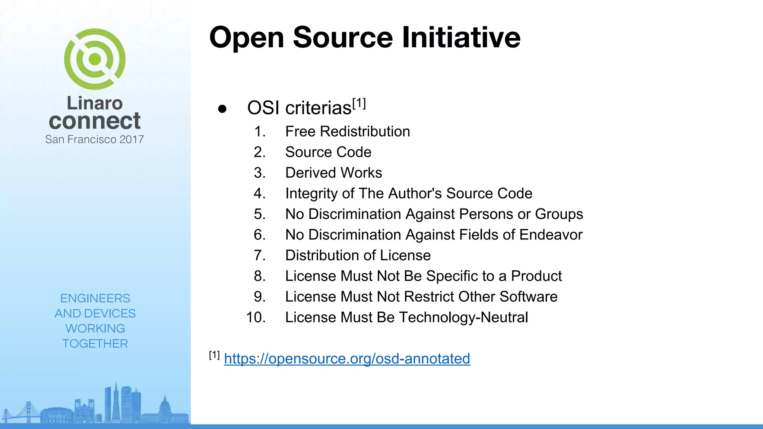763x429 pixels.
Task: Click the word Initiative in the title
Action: coord(461,38)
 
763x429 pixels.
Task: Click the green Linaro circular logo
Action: coord(95,59)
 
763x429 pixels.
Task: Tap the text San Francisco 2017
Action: coord(95,139)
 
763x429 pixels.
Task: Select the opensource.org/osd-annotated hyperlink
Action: coord(347,359)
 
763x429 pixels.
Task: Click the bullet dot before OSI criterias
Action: coord(222,109)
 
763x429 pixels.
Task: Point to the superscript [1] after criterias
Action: coord(359,103)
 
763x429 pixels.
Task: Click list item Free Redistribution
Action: coord(347,131)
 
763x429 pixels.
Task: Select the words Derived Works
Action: coord(333,173)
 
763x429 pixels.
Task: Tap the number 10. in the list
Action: coord(256,317)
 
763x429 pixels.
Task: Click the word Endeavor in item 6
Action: coord(551,235)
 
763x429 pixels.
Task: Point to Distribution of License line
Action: coord(358,255)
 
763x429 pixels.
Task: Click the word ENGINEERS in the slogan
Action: coord(95,298)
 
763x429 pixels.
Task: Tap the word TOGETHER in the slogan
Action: coord(95,343)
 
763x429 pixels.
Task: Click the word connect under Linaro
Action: coord(95,121)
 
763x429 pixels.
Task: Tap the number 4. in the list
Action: coord(259,194)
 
